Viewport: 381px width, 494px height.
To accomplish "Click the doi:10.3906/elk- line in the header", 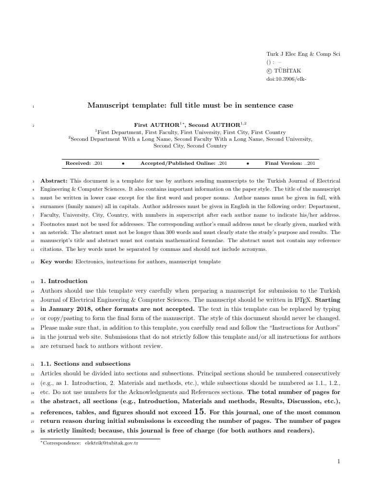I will (286, 79).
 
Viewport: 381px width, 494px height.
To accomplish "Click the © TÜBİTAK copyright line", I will (284, 71).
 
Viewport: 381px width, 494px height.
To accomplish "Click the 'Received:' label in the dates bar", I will (78, 163).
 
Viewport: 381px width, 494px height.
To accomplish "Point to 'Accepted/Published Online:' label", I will (178, 163).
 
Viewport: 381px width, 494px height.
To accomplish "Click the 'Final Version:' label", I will (283, 163).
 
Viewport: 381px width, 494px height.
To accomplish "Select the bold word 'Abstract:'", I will (54, 181).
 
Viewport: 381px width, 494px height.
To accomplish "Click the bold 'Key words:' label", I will (57, 261).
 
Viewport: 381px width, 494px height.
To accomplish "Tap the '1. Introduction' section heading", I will (64, 281).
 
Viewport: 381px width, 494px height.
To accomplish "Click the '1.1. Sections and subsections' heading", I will (85, 364).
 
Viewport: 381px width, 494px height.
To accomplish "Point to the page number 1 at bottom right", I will (338, 462).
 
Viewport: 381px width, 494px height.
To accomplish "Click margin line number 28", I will (33, 431).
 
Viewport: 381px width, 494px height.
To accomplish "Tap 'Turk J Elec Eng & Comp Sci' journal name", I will (303, 54).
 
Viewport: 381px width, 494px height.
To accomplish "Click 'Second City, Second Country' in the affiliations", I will (190, 146).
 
